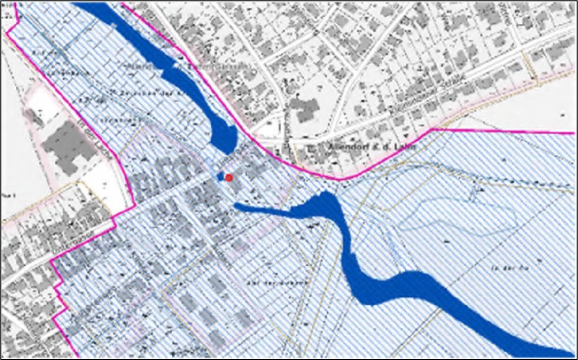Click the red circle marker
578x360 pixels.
tap(229, 178)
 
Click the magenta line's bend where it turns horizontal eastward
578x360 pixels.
tap(432, 129)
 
